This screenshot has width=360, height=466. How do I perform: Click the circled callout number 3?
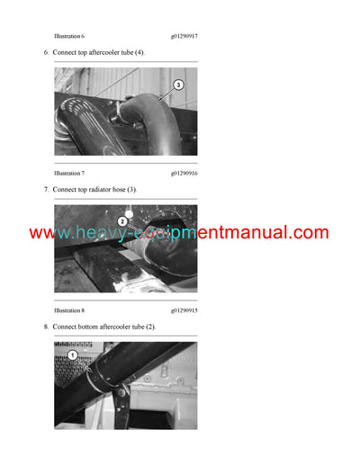pos(177,85)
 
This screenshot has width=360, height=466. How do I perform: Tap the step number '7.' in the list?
pos(46,190)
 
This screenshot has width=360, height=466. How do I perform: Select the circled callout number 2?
pos(122,220)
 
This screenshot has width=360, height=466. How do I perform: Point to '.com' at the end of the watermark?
pos(307,233)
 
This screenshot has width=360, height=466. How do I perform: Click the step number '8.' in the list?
pos(46,327)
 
